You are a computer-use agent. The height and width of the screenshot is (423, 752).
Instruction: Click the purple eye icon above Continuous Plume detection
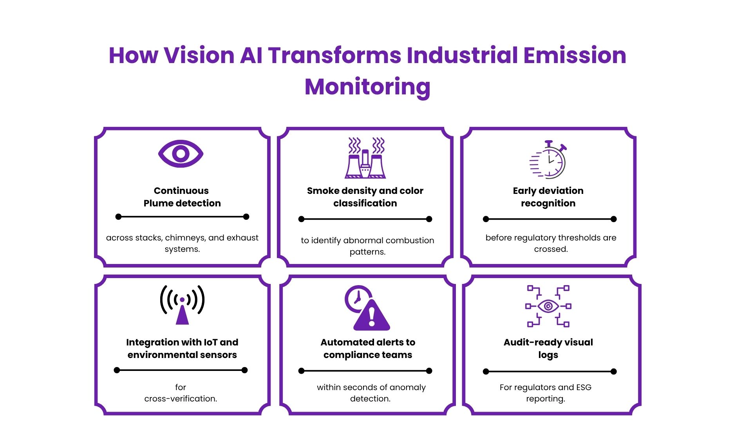tap(181, 154)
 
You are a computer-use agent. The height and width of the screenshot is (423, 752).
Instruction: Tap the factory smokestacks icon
tap(365, 158)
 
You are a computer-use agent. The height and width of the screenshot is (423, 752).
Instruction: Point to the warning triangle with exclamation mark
tap(372, 316)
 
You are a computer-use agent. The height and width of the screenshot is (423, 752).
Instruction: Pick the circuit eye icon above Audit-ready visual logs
tap(548, 306)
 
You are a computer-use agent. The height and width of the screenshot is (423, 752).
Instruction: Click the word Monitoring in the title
tap(367, 87)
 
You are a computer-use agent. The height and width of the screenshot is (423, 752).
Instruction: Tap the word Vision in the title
tap(199, 55)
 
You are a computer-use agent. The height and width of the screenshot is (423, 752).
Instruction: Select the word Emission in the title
tap(575, 55)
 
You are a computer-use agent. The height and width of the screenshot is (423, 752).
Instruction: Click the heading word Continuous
tap(181, 191)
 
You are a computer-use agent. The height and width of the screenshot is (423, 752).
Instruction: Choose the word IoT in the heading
tap(211, 342)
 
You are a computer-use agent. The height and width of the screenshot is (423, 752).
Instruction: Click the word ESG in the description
tap(584, 387)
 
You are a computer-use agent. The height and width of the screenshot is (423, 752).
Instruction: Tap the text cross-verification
tap(181, 399)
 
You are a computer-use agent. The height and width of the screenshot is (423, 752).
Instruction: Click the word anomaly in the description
tap(408, 387)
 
